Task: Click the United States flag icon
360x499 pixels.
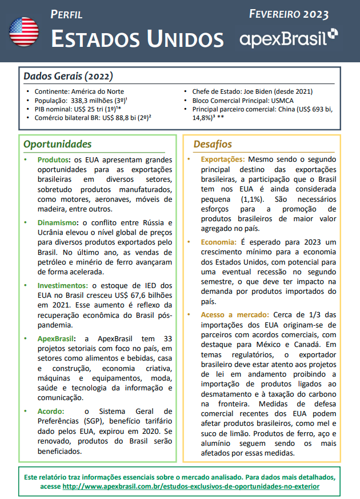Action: click(x=24, y=32)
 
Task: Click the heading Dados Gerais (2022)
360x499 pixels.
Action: click(x=68, y=76)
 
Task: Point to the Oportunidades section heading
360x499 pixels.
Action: click(x=57, y=144)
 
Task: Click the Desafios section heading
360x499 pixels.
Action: click(x=213, y=144)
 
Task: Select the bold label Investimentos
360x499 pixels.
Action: click(x=62, y=285)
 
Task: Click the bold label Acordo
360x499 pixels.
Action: click(x=50, y=411)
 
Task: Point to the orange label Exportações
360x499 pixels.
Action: click(x=223, y=159)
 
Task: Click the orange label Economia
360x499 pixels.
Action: click(x=218, y=242)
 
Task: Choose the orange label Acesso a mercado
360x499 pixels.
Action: click(x=234, y=314)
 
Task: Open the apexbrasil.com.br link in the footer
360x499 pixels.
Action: click(x=190, y=486)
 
